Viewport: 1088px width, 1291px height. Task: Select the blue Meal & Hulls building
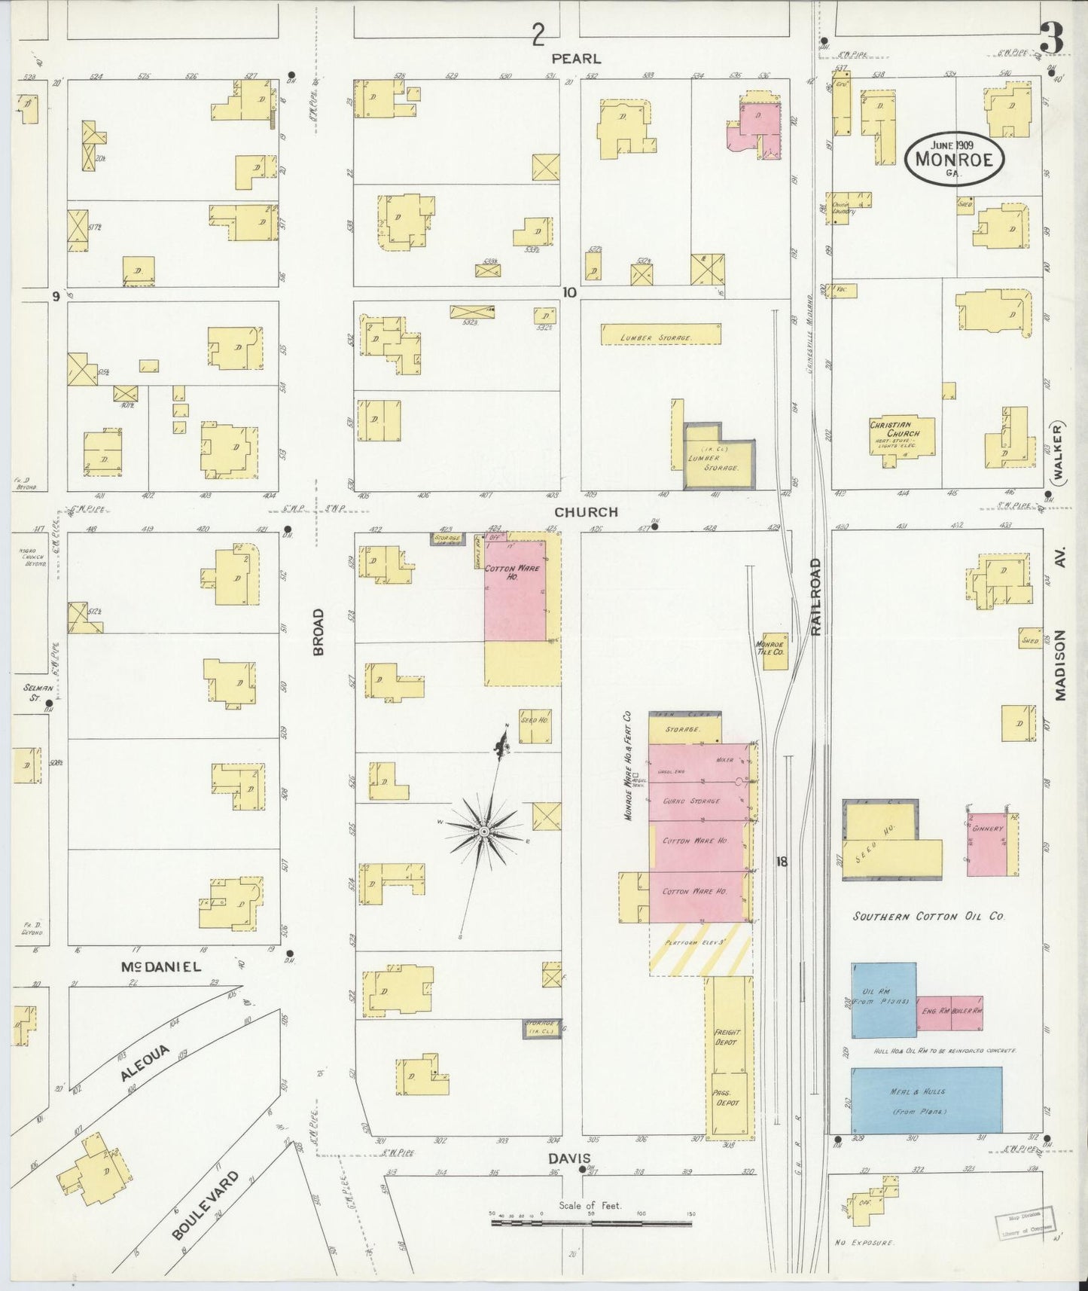coord(926,1100)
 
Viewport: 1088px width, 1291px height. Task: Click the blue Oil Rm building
coord(883,1000)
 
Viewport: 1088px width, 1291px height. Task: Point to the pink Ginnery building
coord(988,844)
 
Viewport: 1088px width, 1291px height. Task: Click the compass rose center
coord(483,831)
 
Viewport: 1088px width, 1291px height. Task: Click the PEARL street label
coord(576,58)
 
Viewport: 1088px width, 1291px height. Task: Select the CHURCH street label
coord(586,512)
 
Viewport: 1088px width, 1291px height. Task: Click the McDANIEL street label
coord(162,966)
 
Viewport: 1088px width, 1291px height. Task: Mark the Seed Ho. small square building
coord(534,726)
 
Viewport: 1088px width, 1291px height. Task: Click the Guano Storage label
coord(691,801)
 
